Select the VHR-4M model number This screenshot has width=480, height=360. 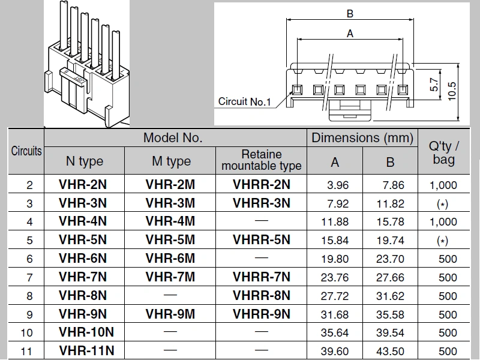(170, 221)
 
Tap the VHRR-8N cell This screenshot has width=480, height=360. (261, 295)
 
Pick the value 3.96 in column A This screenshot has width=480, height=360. (336, 185)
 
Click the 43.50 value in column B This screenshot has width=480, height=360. (390, 352)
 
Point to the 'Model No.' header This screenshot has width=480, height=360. (173, 137)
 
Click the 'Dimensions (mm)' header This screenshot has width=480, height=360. (362, 137)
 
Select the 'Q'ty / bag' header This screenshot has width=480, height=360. (444, 152)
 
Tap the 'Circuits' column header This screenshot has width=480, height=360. (26, 151)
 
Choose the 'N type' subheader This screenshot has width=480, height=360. (84, 161)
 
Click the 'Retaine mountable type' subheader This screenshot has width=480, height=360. (261, 160)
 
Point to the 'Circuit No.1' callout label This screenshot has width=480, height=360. (244, 101)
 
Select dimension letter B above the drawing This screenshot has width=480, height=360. (350, 13)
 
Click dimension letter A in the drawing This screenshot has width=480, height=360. (350, 34)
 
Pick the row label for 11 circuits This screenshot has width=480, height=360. (26, 352)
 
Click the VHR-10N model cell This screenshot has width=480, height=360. (86, 332)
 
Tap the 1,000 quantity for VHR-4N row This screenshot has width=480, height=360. (443, 222)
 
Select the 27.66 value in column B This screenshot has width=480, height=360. (390, 277)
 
